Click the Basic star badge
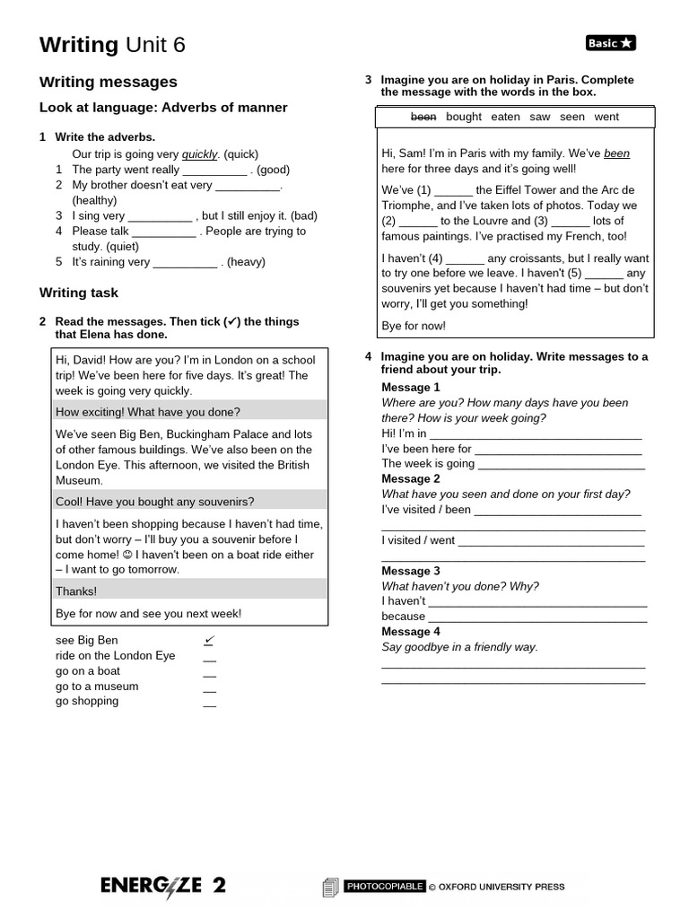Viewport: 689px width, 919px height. (x=610, y=43)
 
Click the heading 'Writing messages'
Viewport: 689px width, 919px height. (x=109, y=82)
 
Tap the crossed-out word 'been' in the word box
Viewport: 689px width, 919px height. (x=424, y=117)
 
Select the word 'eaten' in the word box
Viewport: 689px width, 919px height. (x=505, y=117)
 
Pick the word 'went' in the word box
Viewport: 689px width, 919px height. (x=606, y=117)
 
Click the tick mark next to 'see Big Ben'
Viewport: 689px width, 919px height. (x=209, y=640)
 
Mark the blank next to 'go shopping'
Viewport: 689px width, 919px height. (x=209, y=703)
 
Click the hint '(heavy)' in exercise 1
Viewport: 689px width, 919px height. (x=246, y=262)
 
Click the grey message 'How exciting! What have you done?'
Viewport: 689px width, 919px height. (x=148, y=412)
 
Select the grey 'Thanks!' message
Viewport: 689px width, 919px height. (x=76, y=591)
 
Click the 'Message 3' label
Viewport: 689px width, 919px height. (x=411, y=571)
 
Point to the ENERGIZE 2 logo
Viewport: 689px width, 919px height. (x=162, y=886)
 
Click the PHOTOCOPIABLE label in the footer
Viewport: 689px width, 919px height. (x=384, y=887)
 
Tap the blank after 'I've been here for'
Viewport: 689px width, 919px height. (x=558, y=450)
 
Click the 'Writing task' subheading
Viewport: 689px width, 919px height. (x=79, y=293)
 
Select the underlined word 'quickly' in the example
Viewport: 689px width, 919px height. (x=200, y=153)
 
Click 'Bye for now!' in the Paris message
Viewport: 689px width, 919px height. (x=414, y=326)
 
